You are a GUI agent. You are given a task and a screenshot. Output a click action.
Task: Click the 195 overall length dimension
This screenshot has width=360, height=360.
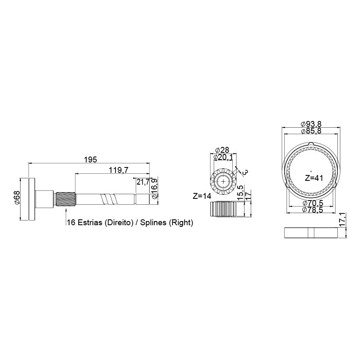[x=90, y=159]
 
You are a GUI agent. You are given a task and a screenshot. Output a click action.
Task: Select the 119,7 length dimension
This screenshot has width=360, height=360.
[x=118, y=170]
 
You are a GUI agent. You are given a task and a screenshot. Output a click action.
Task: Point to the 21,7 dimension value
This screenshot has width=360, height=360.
[x=143, y=182]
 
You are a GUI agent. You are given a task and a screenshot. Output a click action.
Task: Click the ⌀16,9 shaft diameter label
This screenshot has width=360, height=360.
[x=154, y=188]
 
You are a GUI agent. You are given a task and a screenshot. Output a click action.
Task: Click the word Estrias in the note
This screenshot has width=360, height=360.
[x=90, y=222]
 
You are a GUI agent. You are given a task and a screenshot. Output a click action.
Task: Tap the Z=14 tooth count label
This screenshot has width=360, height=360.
[x=202, y=196]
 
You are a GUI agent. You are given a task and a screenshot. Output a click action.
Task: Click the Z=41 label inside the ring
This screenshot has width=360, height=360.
[x=314, y=178]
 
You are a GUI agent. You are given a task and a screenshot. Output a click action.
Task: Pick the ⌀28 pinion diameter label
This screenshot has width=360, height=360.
[x=222, y=150]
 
